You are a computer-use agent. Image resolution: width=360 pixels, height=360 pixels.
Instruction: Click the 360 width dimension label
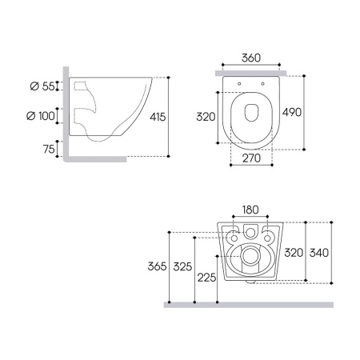(x=251, y=58)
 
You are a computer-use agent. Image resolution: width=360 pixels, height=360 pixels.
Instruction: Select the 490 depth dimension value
(x=292, y=112)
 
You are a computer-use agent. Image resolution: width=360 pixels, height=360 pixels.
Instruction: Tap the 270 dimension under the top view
(x=251, y=158)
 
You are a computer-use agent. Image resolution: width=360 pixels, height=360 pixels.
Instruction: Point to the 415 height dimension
(x=158, y=117)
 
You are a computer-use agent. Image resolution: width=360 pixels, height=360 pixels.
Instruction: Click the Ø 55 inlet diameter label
(x=42, y=86)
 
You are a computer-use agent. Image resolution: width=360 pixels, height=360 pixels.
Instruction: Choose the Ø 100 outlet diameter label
(x=41, y=116)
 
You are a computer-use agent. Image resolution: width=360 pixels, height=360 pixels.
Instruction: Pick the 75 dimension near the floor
(x=49, y=149)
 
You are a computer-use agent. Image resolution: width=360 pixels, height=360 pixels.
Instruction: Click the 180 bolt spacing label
(x=250, y=210)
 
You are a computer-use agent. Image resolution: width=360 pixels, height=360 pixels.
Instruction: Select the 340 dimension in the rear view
(x=319, y=253)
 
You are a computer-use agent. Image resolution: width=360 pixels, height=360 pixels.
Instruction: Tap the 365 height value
(x=158, y=266)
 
